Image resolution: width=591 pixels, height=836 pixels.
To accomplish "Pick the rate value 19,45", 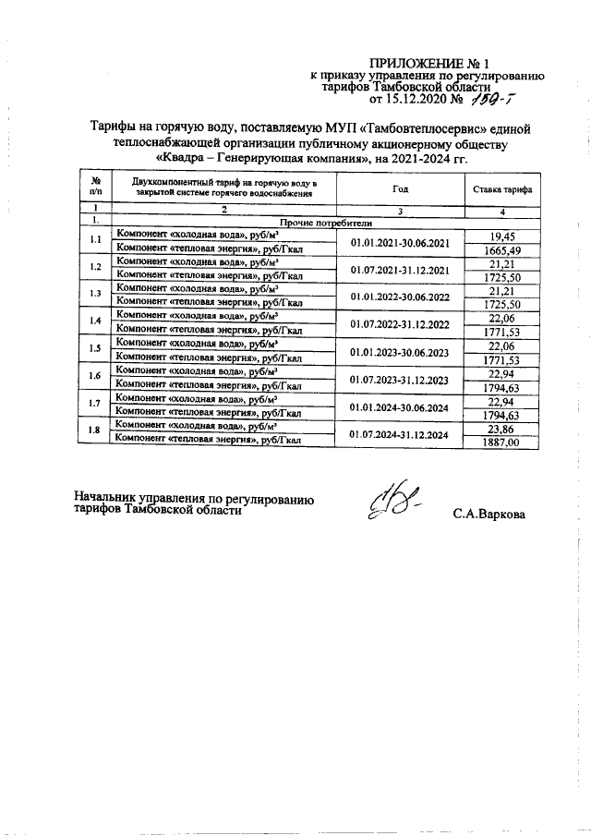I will (x=502, y=236).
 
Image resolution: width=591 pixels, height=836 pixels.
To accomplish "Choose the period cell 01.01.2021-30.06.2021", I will (x=399, y=243).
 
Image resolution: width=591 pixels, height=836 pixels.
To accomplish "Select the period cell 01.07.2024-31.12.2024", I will (x=399, y=434).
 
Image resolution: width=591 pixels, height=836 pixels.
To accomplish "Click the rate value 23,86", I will (x=502, y=428).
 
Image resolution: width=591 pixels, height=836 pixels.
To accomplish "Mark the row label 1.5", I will (x=94, y=348).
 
